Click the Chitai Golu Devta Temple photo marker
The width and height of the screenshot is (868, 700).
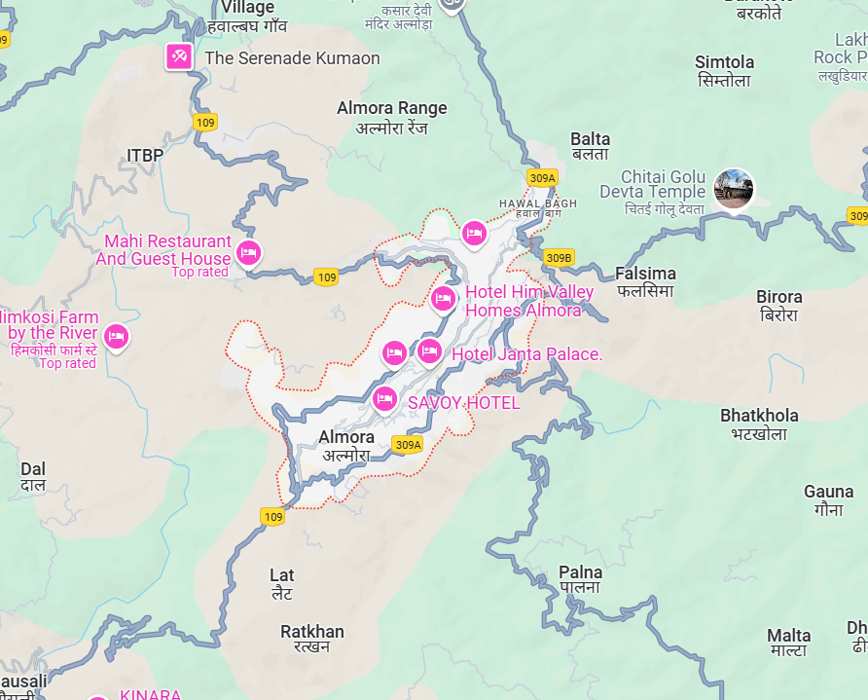tap(734, 188)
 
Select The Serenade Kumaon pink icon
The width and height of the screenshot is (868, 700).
tap(179, 56)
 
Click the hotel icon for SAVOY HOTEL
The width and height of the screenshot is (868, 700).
tap(384, 399)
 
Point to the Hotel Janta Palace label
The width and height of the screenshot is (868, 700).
tap(526, 354)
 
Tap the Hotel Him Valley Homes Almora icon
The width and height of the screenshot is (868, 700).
tap(443, 298)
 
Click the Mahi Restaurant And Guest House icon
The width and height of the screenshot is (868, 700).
tap(248, 253)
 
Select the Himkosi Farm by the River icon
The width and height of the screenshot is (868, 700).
tap(117, 337)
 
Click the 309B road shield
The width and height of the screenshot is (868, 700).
tap(558, 257)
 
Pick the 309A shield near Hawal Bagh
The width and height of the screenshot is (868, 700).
tap(542, 177)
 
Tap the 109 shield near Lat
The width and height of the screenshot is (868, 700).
tap(273, 517)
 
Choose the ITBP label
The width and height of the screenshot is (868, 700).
tap(145, 155)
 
